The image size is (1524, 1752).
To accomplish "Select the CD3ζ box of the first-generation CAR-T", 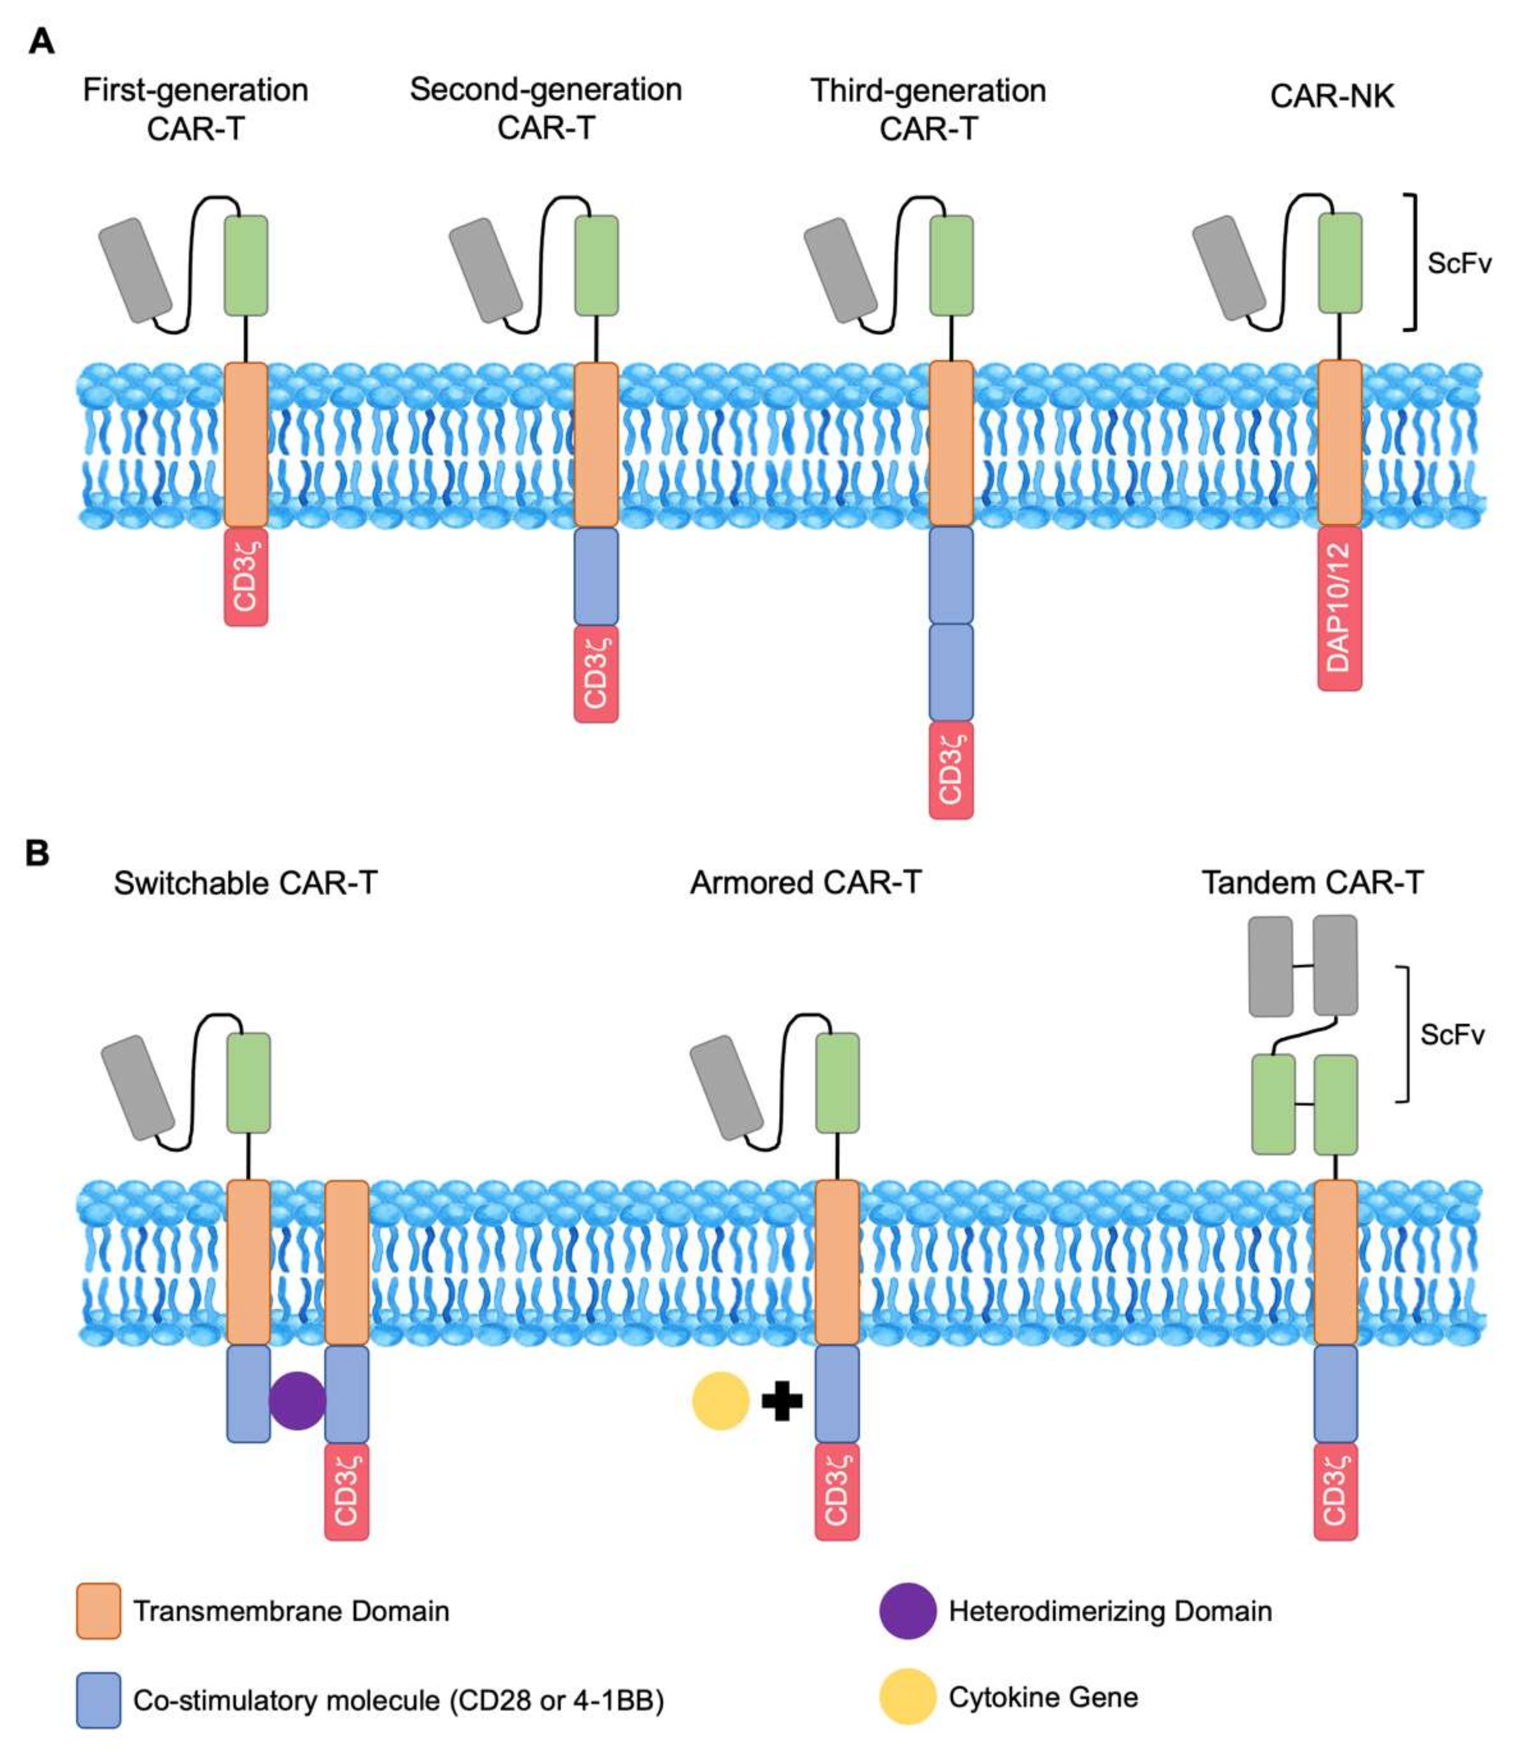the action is point(246,577).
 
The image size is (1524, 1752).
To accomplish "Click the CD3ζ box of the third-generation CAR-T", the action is point(951,770).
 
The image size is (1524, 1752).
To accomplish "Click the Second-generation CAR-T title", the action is point(546,108).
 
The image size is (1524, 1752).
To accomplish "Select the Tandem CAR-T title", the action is point(1312,883).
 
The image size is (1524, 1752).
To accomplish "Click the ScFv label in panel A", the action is point(1459,264).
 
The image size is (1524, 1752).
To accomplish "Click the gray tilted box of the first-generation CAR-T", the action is point(136,271).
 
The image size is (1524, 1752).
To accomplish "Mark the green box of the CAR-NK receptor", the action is point(1339,263).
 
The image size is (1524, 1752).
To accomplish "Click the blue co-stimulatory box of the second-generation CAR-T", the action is point(596,576).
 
